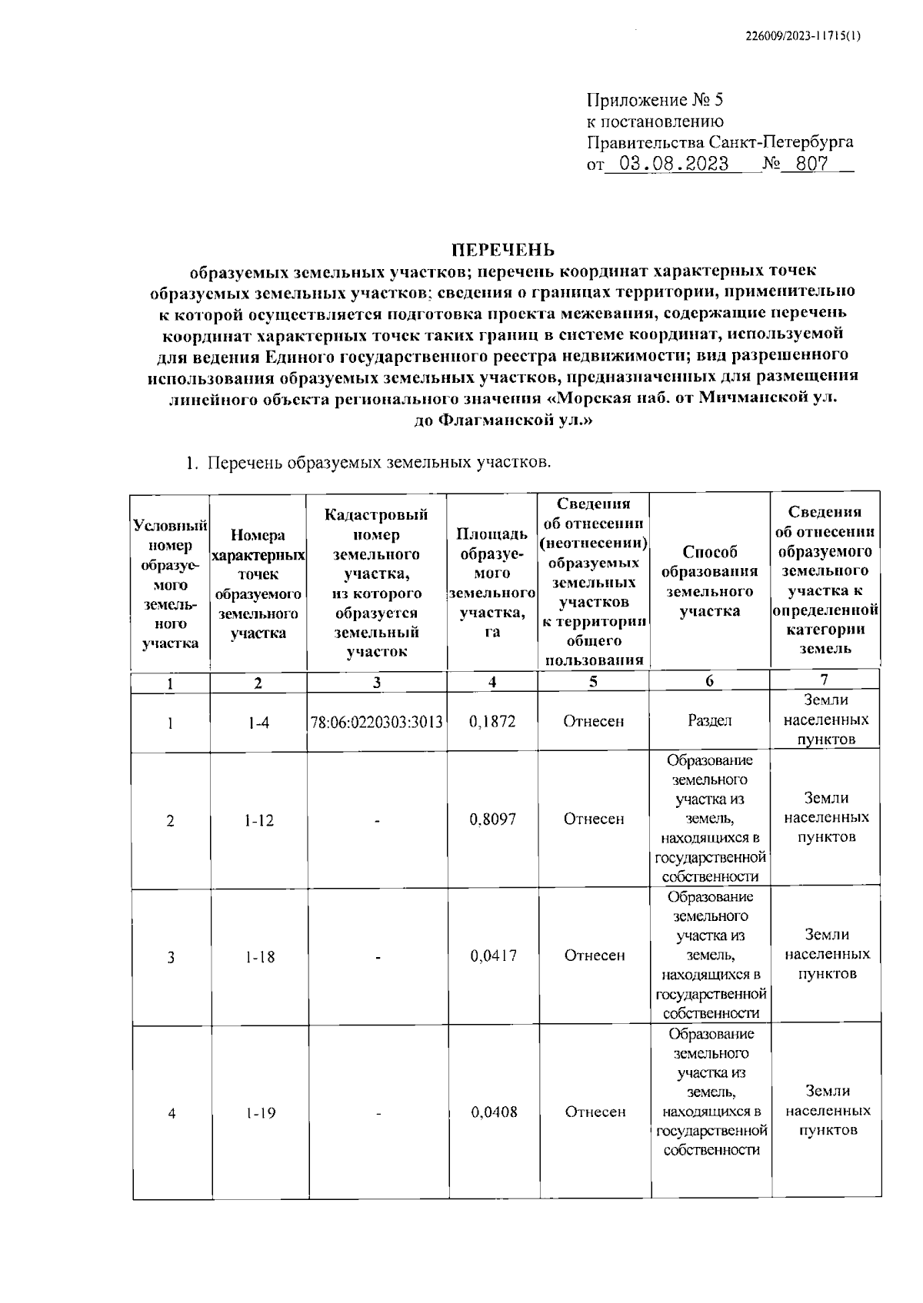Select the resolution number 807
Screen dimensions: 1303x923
[x=811, y=164]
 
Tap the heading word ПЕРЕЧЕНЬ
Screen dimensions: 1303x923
[x=502, y=250]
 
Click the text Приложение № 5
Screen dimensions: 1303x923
[x=655, y=100]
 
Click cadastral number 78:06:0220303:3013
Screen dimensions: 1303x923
[x=377, y=722]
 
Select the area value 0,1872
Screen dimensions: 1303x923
[x=491, y=722]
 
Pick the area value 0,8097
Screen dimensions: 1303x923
[x=492, y=819]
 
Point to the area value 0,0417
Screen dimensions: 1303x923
[x=493, y=956]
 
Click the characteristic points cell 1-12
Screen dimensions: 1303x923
[x=259, y=821]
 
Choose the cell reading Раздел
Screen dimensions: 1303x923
[x=709, y=721]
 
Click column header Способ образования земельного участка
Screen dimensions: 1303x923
[x=709, y=581]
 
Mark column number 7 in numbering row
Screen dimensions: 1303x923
[x=824, y=680]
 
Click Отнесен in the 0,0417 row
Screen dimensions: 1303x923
[x=594, y=956]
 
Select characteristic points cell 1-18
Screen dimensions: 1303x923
[x=260, y=957]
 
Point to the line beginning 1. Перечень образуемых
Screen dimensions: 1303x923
[x=370, y=464]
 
